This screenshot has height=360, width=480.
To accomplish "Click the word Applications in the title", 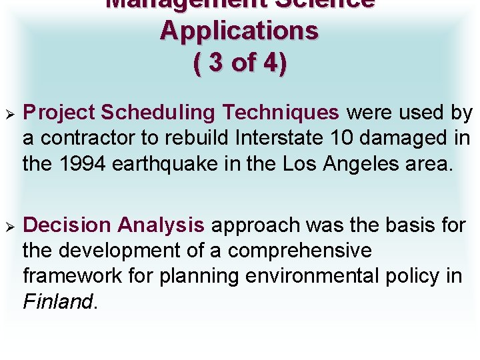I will [239, 31].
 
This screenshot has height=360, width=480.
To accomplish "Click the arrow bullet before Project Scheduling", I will [9, 113].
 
